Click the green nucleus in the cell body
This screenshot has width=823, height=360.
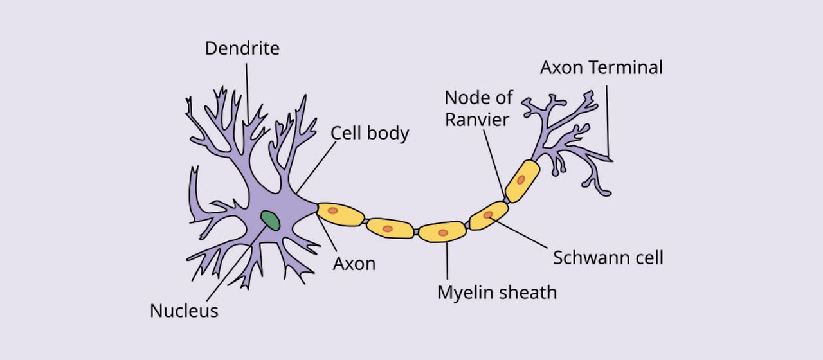[x=270, y=220]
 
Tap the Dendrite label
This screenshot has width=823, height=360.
[x=242, y=48]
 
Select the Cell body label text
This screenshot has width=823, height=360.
[x=370, y=133]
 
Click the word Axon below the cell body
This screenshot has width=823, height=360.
[x=354, y=263]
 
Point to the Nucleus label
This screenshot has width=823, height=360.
[x=184, y=311]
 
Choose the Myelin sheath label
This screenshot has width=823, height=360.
[x=497, y=292]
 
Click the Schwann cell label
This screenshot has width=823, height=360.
[x=608, y=258]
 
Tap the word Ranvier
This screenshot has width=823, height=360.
[x=476, y=120]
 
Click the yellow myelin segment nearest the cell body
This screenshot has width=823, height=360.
[x=339, y=214]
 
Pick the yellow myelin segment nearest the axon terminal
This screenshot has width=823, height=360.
[x=522, y=181]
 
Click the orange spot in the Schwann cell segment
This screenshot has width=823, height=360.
[x=488, y=215]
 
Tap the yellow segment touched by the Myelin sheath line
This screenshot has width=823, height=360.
[x=442, y=231]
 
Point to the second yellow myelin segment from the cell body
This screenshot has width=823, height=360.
[x=390, y=228]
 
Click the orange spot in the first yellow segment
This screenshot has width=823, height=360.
[x=332, y=210]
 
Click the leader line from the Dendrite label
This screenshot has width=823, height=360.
[x=246, y=90]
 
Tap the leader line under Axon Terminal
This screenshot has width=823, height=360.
[x=608, y=122]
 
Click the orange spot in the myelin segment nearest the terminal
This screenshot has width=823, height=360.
[x=521, y=179]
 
